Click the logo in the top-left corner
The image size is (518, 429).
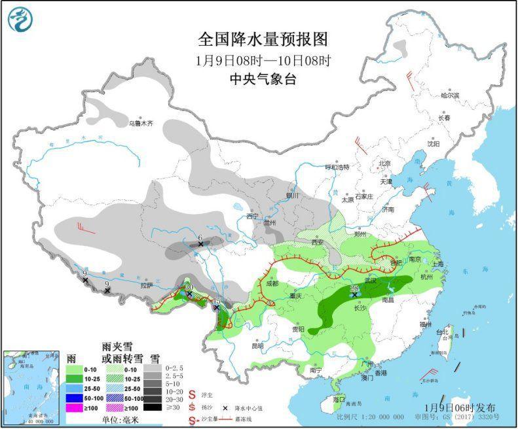click(x=20, y=19)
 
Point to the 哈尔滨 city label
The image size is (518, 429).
click(x=449, y=95)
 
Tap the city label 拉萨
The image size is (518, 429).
click(x=145, y=285)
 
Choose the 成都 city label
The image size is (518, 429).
click(x=273, y=283)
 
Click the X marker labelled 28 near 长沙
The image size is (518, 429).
click(x=354, y=295)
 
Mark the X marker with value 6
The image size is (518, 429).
click(x=200, y=245)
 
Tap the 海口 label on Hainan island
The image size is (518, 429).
click(x=339, y=399)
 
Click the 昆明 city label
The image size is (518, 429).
click(x=258, y=345)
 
